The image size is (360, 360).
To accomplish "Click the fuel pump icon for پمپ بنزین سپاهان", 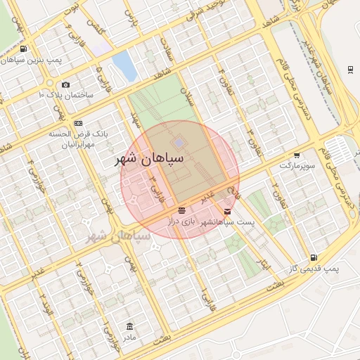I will pyautogui.click(x=24, y=49).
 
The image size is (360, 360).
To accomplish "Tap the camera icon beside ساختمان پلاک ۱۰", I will pyautogui.click(x=66, y=84).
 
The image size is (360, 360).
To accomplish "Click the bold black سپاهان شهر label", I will pyautogui.click(x=149, y=159).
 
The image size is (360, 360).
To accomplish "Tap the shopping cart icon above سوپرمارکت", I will pyautogui.click(x=297, y=155).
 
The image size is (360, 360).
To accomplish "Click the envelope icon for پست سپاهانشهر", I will pyautogui.click(x=227, y=211).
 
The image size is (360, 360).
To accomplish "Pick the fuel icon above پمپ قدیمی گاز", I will pyautogui.click(x=313, y=258).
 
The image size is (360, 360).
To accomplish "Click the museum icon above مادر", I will pyautogui.click(x=129, y=326).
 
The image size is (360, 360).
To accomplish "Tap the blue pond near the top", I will pyautogui.click(x=124, y=65).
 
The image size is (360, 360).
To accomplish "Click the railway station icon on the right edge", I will pyautogui.click(x=350, y=68).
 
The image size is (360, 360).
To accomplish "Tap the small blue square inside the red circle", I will pyautogui.click(x=180, y=143).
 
